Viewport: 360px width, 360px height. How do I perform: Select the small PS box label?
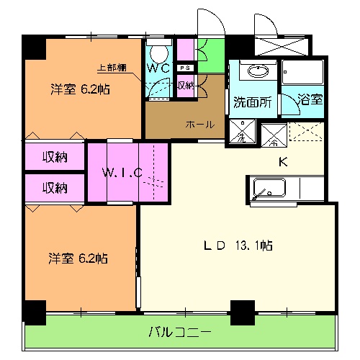(185, 68)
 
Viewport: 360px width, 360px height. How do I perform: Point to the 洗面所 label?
(252, 102)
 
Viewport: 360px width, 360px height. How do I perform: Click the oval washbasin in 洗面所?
(256, 71)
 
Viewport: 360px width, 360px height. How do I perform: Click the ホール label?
(199, 125)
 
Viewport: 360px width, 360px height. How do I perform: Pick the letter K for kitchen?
(283, 161)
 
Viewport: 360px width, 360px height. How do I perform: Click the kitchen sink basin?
(268, 189)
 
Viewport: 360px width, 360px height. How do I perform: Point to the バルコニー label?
(180, 333)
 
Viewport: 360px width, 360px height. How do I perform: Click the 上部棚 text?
(112, 68)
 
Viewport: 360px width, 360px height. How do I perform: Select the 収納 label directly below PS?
(185, 85)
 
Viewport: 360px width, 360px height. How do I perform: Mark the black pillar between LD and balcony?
(243, 311)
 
